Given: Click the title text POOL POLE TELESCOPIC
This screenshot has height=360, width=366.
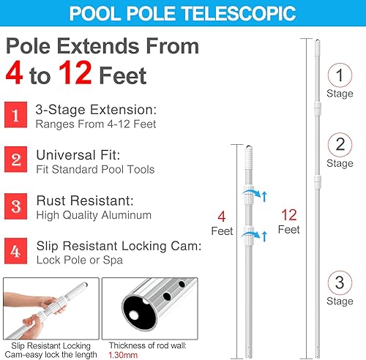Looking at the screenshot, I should pyautogui.click(x=182, y=14).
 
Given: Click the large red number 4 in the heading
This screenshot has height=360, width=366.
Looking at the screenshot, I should pyautogui.click(x=18, y=75).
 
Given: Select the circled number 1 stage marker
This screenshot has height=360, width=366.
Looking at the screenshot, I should pyautogui.click(x=339, y=74).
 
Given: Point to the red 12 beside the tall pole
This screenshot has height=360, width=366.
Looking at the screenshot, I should pyautogui.click(x=288, y=214).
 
